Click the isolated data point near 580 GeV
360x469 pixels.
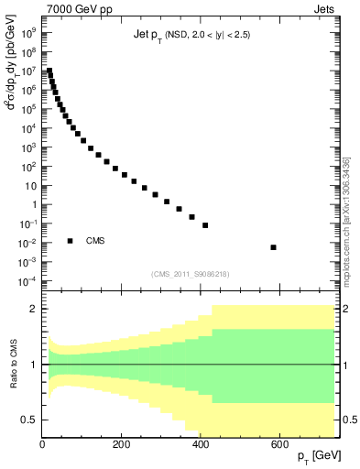pyautogui.click(x=274, y=247)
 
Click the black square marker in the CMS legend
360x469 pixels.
pyautogui.click(x=71, y=241)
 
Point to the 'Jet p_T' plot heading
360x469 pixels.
pyautogui.click(x=191, y=35)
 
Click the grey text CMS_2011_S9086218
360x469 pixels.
pyautogui.click(x=190, y=274)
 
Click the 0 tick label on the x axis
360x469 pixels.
pyautogui.click(x=43, y=444)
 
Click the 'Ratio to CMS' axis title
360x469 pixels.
pyautogui.click(x=15, y=365)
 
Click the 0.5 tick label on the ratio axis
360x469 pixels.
pyautogui.click(x=30, y=420)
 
